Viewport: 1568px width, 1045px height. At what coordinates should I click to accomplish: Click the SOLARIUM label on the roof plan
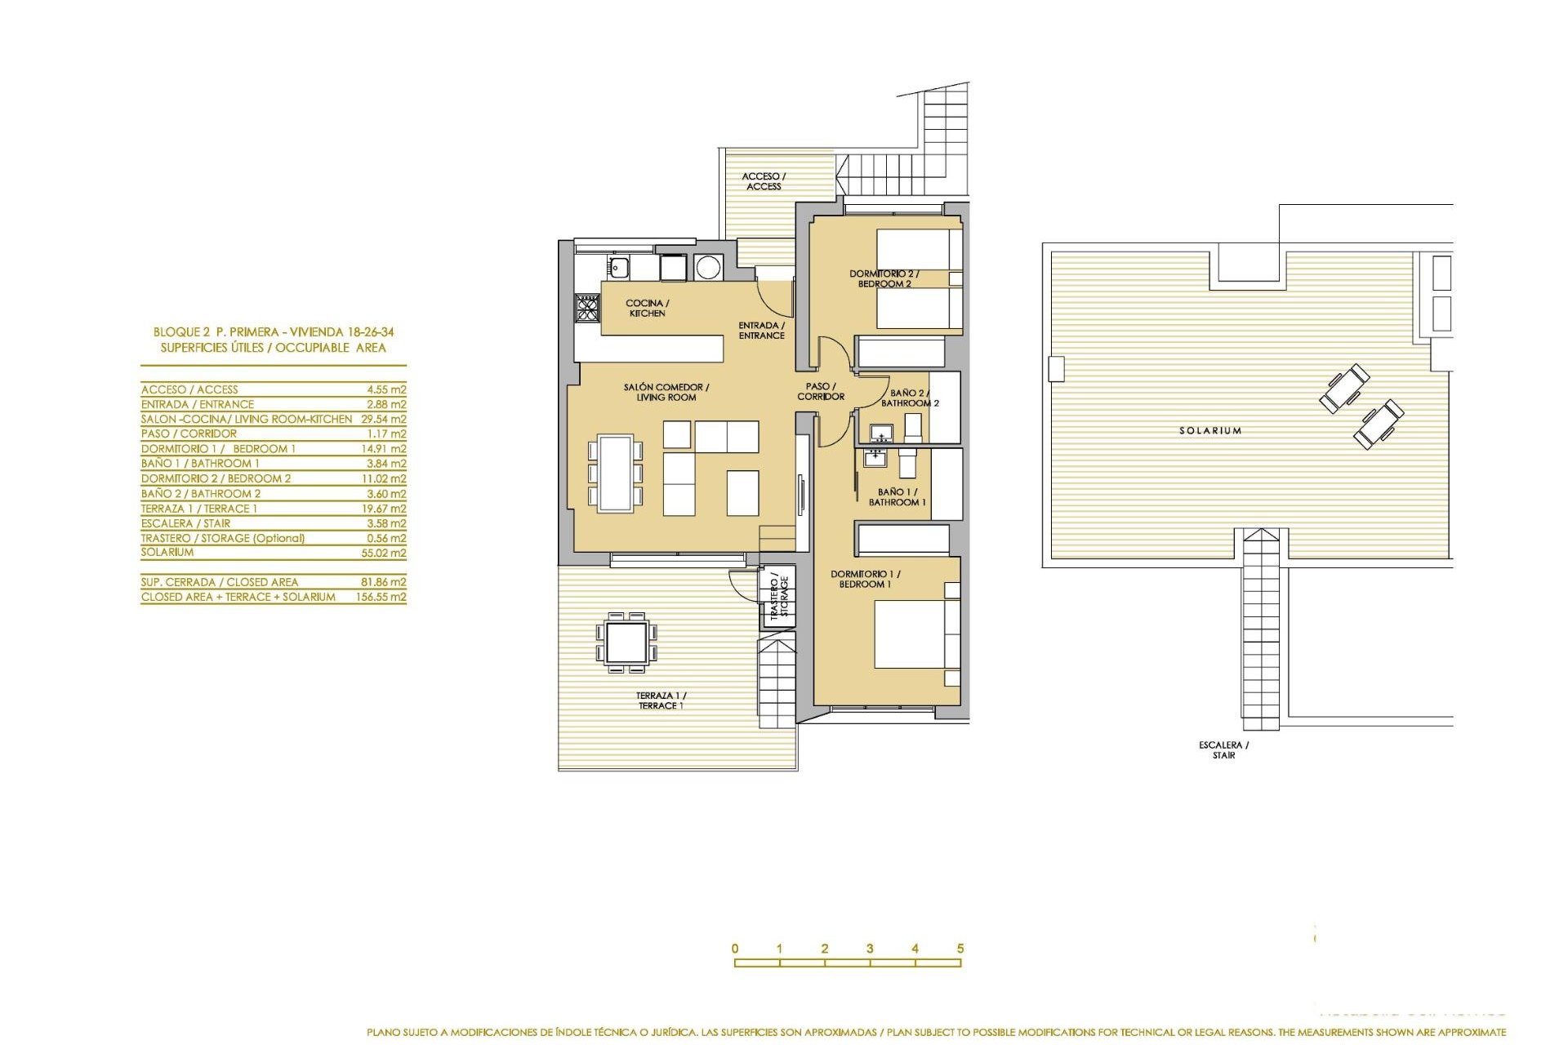click(1209, 430)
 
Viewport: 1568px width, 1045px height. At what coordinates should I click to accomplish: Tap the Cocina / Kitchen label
click(647, 308)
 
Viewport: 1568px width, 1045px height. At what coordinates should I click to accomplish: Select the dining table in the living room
click(615, 474)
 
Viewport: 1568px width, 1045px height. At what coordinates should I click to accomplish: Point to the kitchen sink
click(618, 266)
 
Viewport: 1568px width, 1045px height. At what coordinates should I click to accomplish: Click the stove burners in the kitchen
click(587, 308)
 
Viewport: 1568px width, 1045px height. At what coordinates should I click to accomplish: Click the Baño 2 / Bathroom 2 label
click(909, 398)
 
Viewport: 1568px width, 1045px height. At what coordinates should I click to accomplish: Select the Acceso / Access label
click(764, 181)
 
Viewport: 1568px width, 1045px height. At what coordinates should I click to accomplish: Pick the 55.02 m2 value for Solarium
click(386, 553)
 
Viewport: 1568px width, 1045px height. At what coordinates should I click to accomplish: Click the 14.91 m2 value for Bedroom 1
click(386, 449)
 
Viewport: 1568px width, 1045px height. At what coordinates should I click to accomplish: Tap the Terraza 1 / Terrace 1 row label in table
click(199, 509)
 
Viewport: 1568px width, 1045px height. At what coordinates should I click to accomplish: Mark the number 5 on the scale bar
click(960, 949)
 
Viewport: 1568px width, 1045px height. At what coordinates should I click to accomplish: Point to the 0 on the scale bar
click(735, 949)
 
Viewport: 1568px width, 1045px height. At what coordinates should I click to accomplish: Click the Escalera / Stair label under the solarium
click(1223, 749)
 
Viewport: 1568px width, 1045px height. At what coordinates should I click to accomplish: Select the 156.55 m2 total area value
click(381, 597)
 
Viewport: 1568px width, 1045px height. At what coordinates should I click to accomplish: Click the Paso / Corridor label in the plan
click(821, 391)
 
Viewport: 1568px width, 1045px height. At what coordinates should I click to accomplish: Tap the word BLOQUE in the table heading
click(176, 332)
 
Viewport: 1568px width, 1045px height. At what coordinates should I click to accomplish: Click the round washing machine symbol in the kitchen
click(708, 267)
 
